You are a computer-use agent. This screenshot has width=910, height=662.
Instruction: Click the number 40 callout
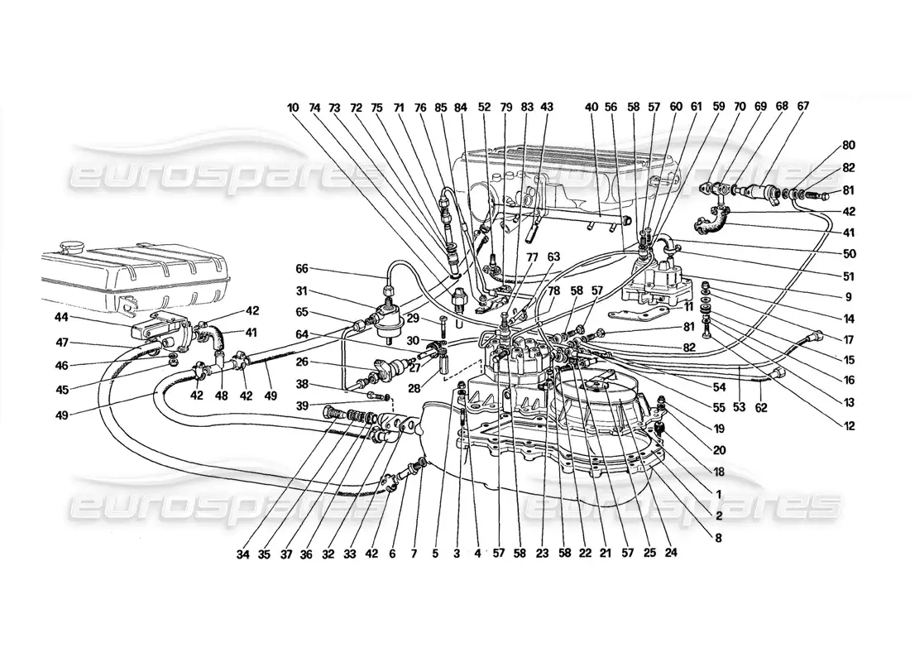click(590, 107)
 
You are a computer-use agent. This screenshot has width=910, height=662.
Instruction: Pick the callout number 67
click(803, 107)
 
